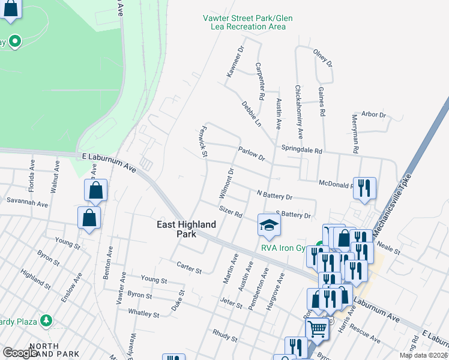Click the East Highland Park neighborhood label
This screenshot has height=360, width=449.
[187, 229]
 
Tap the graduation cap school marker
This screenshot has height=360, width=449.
[270, 226]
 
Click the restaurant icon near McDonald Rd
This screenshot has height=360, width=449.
[364, 188]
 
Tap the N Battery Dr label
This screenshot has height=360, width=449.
[274, 196]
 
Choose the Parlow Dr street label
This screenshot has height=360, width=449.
[252, 154]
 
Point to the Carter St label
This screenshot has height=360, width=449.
[189, 269]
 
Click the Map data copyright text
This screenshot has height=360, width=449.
[423, 355]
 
